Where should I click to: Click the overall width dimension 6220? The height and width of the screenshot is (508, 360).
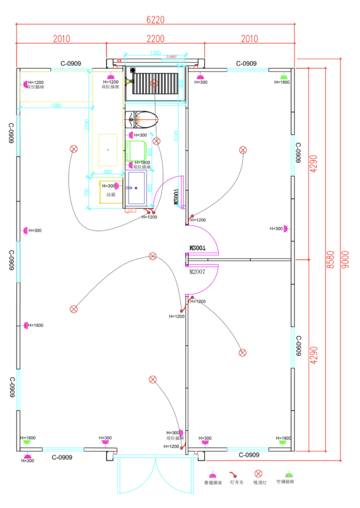(155, 20)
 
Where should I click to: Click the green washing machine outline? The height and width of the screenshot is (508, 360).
(137, 150)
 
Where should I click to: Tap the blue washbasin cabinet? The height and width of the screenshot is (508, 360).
(138, 188)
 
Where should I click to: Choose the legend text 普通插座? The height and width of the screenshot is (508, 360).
(213, 482)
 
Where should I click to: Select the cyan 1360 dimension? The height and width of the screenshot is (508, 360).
(155, 53)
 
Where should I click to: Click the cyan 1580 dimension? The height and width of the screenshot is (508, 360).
(56, 106)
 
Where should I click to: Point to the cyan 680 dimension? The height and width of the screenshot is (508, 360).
(107, 172)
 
